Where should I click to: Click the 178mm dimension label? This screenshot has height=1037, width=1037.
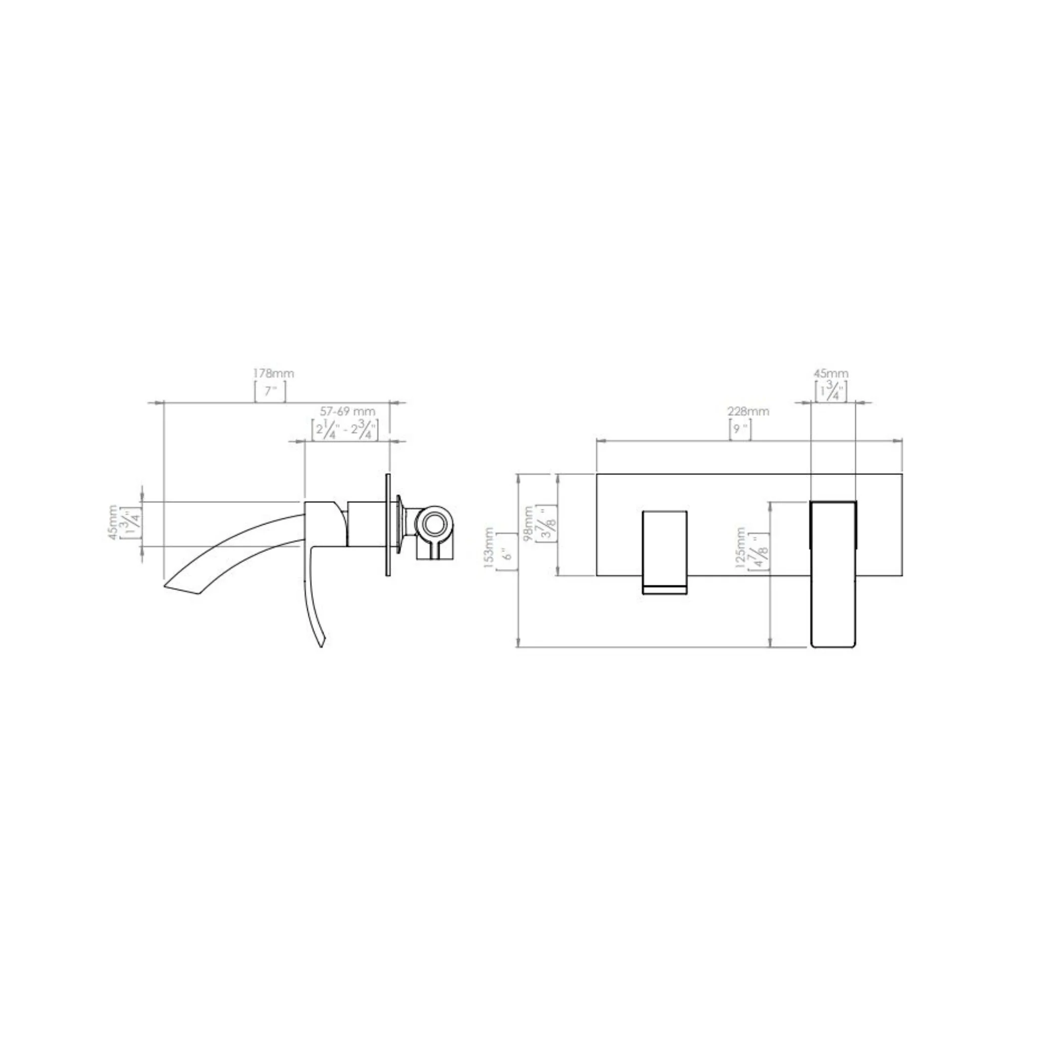click(x=274, y=373)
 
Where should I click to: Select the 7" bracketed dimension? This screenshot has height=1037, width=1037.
click(x=270, y=391)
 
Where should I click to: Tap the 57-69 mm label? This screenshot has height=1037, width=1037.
click(x=348, y=411)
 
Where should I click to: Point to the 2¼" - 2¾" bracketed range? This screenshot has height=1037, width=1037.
click(x=345, y=430)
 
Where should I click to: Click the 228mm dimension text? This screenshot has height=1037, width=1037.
click(x=748, y=411)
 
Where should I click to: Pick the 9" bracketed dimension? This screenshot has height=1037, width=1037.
click(x=740, y=429)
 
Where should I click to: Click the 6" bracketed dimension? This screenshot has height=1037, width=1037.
click(x=507, y=551)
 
